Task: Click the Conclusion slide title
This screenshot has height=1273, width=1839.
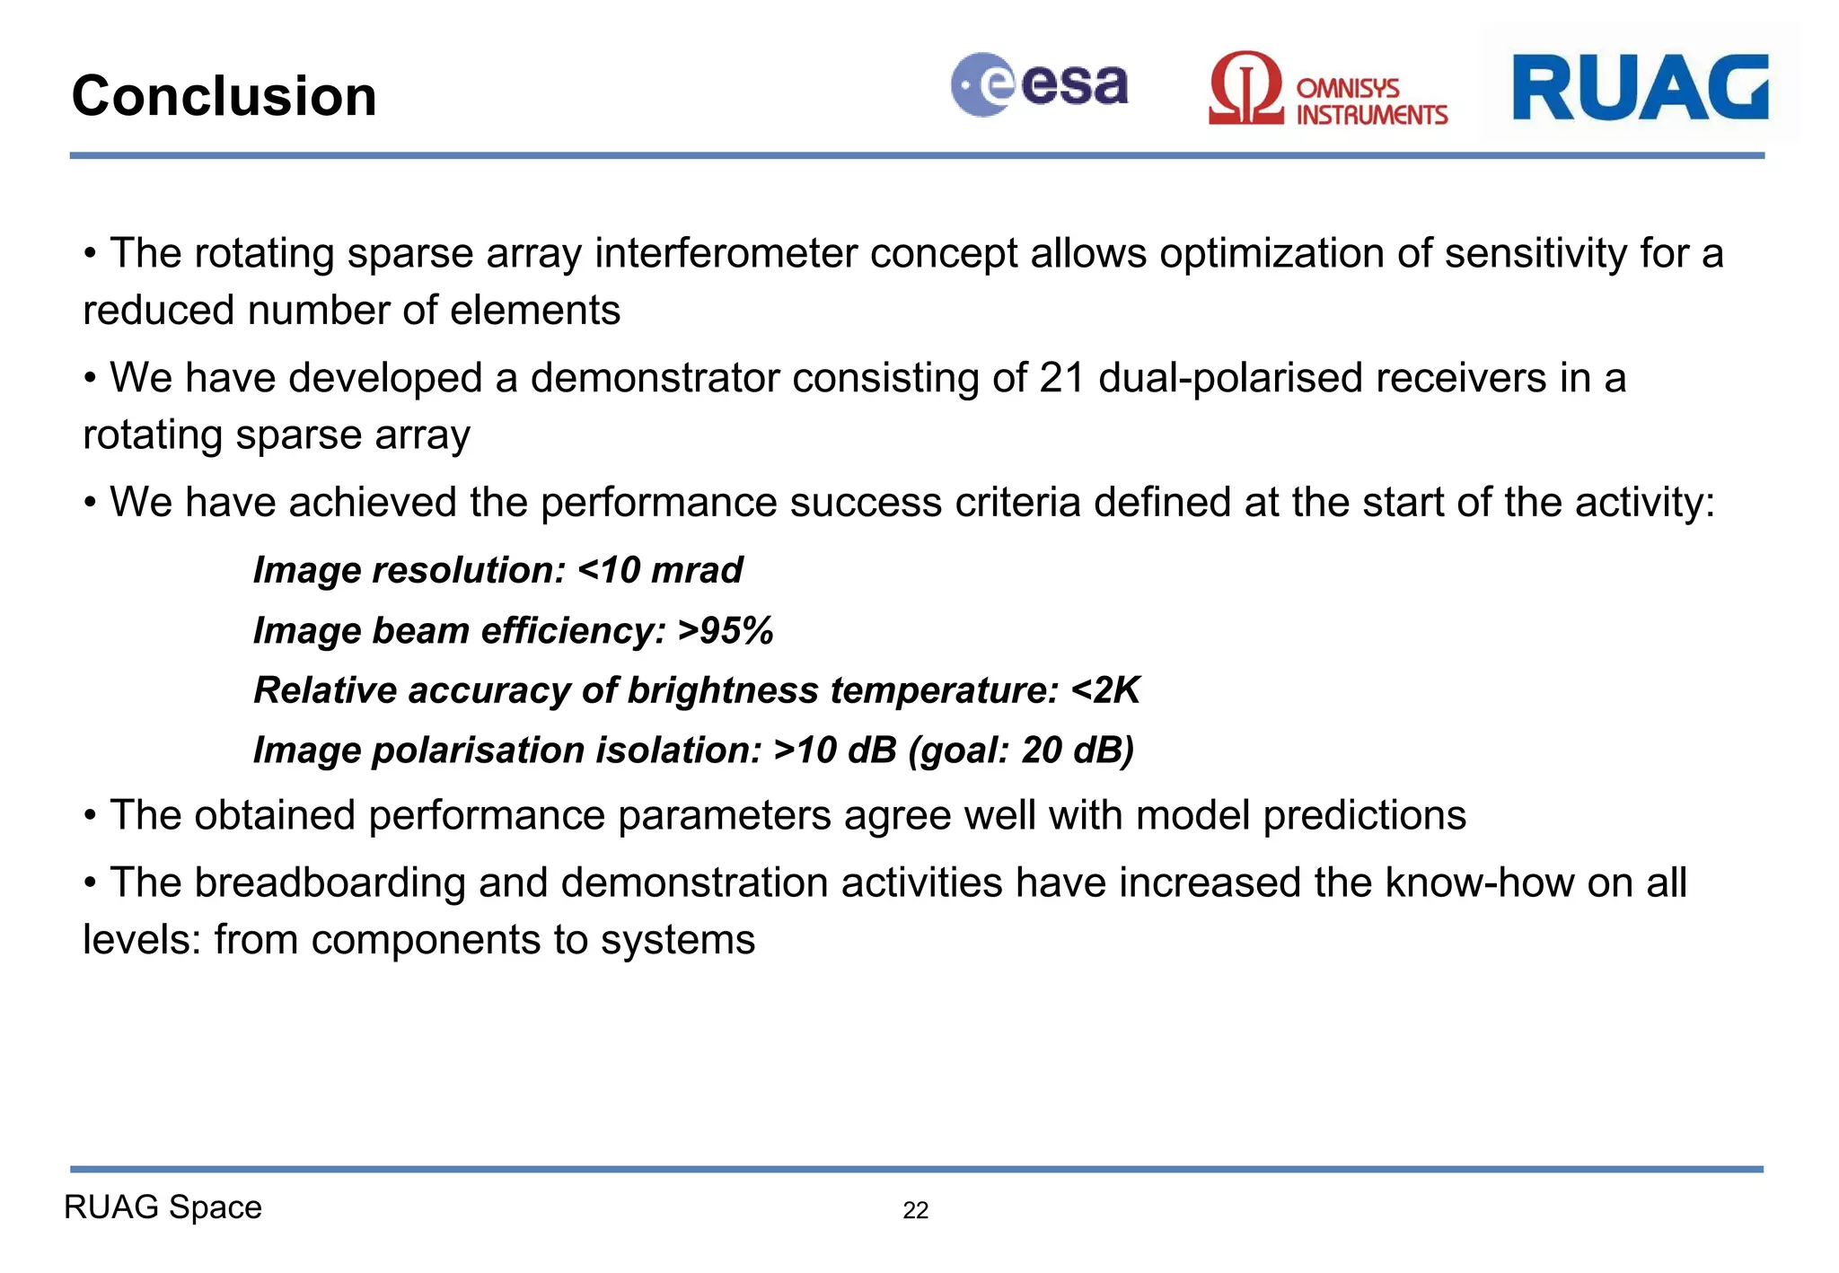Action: tap(224, 96)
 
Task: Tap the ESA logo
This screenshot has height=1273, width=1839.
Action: tap(1039, 85)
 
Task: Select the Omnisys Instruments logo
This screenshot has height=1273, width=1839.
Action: tap(1327, 90)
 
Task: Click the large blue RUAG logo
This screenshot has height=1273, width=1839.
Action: tap(1640, 87)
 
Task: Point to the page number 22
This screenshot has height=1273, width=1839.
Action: tap(915, 1210)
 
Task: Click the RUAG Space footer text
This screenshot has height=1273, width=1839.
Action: tap(163, 1207)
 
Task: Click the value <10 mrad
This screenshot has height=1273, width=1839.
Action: tap(660, 570)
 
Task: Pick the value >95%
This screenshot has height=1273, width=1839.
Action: tap(726, 630)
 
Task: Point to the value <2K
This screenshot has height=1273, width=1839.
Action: tap(1105, 690)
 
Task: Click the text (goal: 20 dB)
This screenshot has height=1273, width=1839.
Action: tap(1021, 751)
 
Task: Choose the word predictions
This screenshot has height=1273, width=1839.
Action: tap(1364, 816)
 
